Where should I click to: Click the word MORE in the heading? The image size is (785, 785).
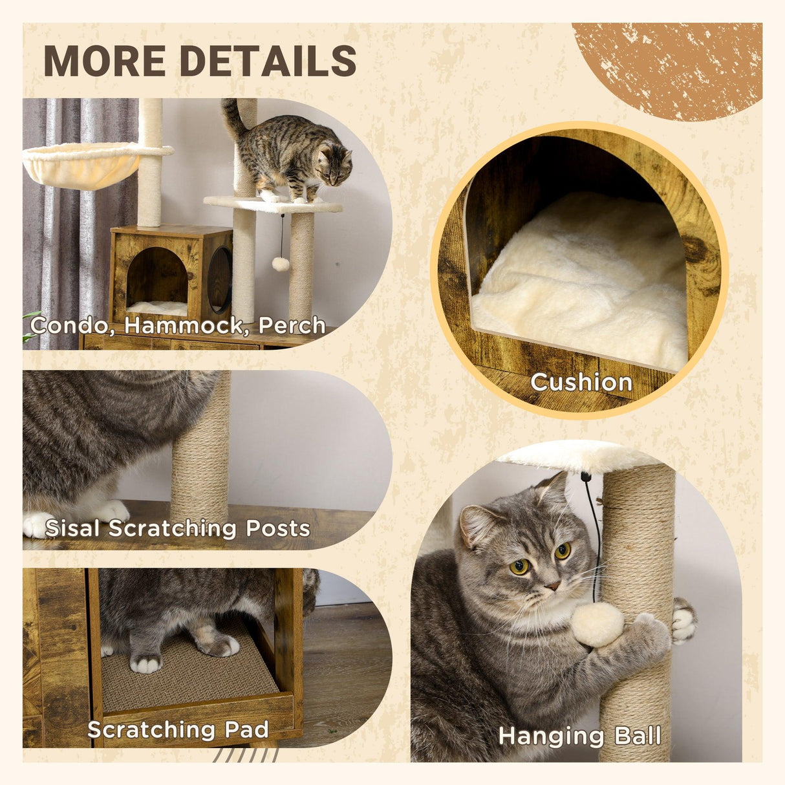point(104,61)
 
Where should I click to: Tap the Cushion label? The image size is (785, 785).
point(581,382)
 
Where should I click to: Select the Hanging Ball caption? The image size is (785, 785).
point(579,736)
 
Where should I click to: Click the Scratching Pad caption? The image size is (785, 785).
point(178,730)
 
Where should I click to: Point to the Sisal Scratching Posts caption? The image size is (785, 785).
point(177,528)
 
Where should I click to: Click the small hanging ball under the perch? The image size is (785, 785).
point(280,263)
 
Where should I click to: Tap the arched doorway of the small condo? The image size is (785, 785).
point(156,278)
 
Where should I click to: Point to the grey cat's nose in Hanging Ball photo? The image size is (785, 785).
point(552,586)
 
